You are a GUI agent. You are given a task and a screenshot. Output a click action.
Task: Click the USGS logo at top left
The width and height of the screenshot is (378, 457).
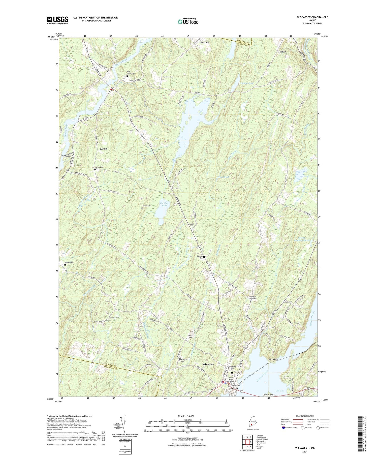(x=57, y=20)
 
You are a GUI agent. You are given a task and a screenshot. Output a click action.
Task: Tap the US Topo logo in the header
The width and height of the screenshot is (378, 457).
(x=188, y=21)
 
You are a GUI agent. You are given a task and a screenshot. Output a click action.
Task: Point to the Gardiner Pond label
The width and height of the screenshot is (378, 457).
(x=163, y=204)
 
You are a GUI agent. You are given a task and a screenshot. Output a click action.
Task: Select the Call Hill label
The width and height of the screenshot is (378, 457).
(x=104, y=149)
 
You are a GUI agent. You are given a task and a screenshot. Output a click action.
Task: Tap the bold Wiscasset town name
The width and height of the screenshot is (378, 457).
(x=208, y=364)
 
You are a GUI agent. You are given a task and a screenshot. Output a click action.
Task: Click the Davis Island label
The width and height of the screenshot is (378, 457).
(x=268, y=394)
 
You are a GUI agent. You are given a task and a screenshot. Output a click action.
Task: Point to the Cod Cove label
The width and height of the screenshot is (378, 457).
(x=280, y=391)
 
